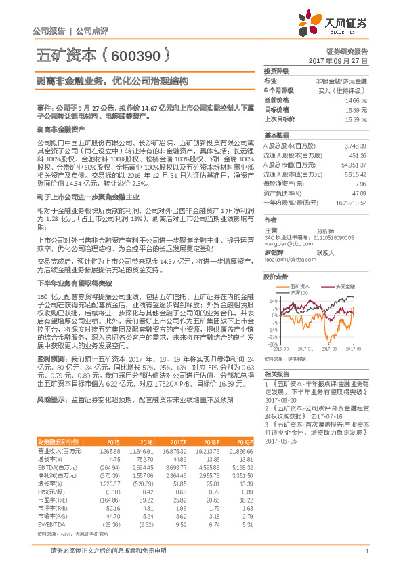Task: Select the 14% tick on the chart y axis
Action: click(273, 300)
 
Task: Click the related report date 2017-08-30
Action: click(278, 401)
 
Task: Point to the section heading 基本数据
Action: click(276, 135)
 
